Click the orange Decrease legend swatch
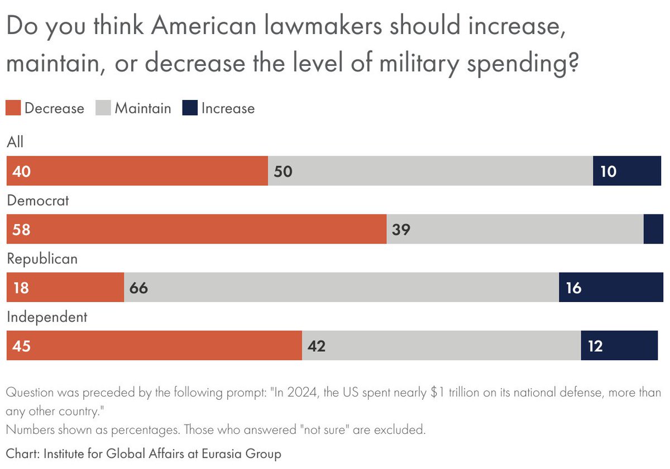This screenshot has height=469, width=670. (x=13, y=108)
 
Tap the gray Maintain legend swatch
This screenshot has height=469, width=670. (x=103, y=108)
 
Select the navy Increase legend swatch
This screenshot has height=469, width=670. (x=190, y=108)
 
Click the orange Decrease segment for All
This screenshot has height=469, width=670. (x=137, y=171)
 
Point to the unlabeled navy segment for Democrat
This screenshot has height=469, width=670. (x=653, y=229)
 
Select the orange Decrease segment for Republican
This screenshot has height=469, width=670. (x=65, y=288)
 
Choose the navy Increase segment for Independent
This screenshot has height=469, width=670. (x=619, y=346)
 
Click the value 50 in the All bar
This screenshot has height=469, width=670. (x=283, y=171)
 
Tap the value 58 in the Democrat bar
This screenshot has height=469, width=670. (x=21, y=229)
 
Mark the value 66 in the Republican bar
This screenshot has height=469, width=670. (x=138, y=288)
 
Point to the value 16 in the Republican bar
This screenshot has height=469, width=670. (x=573, y=288)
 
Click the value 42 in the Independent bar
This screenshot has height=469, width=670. (x=316, y=346)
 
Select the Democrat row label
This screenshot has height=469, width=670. (x=37, y=200)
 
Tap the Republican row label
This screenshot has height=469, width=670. (x=42, y=259)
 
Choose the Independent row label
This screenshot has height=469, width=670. (x=47, y=317)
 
